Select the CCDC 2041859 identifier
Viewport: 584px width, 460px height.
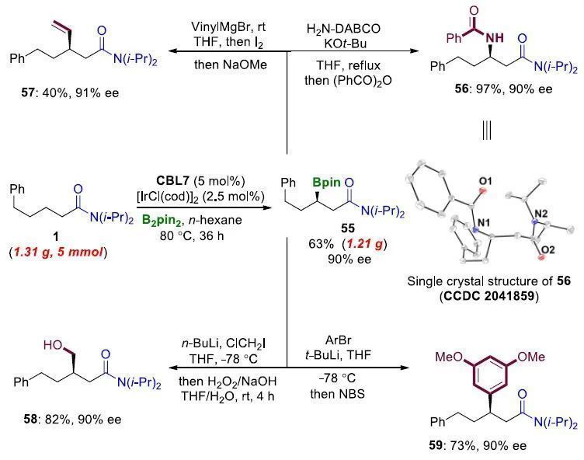click(x=494, y=296)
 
